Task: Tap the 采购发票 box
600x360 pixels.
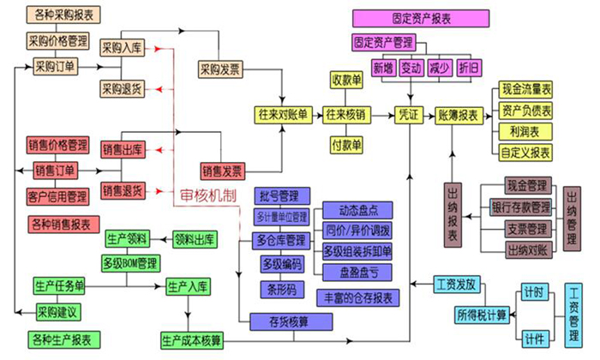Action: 221,68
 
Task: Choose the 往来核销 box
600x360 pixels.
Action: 346,114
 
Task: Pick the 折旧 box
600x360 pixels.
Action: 471,67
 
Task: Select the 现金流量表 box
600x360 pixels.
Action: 525,88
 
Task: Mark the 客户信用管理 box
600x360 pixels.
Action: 57,196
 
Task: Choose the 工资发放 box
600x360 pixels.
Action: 459,283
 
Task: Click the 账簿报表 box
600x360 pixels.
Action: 459,114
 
